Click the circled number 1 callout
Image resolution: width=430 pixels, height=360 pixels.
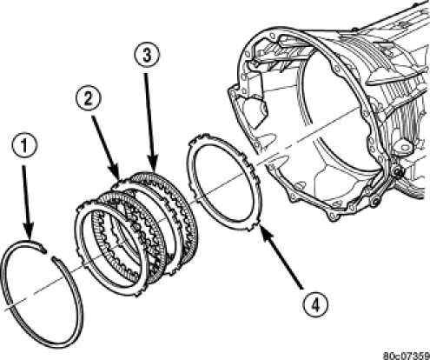click(24, 146)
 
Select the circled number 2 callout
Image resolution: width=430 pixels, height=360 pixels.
click(89, 99)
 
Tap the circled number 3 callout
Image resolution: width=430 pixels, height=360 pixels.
click(147, 56)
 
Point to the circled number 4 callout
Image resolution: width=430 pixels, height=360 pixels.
click(315, 304)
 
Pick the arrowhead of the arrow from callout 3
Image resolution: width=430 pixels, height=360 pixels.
click(153, 163)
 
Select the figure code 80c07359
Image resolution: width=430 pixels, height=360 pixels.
click(407, 356)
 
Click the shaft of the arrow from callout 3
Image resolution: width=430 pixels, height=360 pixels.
click(149, 115)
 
